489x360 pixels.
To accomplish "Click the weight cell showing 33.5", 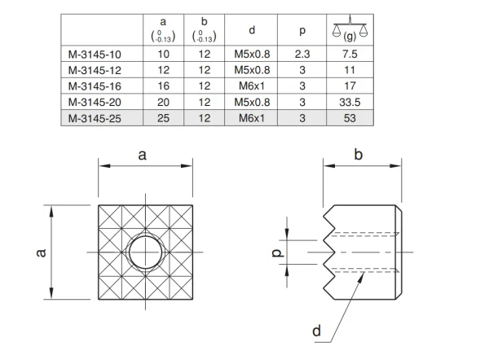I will (350, 103).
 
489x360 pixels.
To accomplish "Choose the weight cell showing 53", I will (350, 117).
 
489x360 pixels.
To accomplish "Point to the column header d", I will (253, 31).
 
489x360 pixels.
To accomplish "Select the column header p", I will (302, 31).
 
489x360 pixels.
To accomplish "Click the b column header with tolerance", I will (205, 31).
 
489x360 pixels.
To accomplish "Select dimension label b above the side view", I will (361, 153).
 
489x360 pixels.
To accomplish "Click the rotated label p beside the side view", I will (276, 252).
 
